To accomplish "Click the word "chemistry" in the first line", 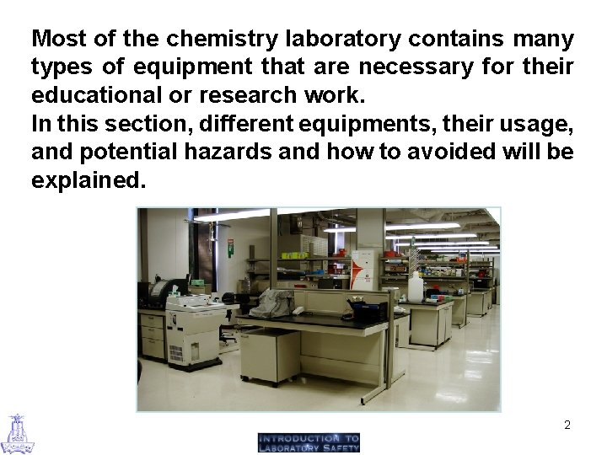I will [223, 39].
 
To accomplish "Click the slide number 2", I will [567, 425].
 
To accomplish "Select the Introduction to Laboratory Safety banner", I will [309, 442].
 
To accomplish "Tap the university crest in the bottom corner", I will [17, 433].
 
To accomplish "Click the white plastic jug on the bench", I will [415, 287].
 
